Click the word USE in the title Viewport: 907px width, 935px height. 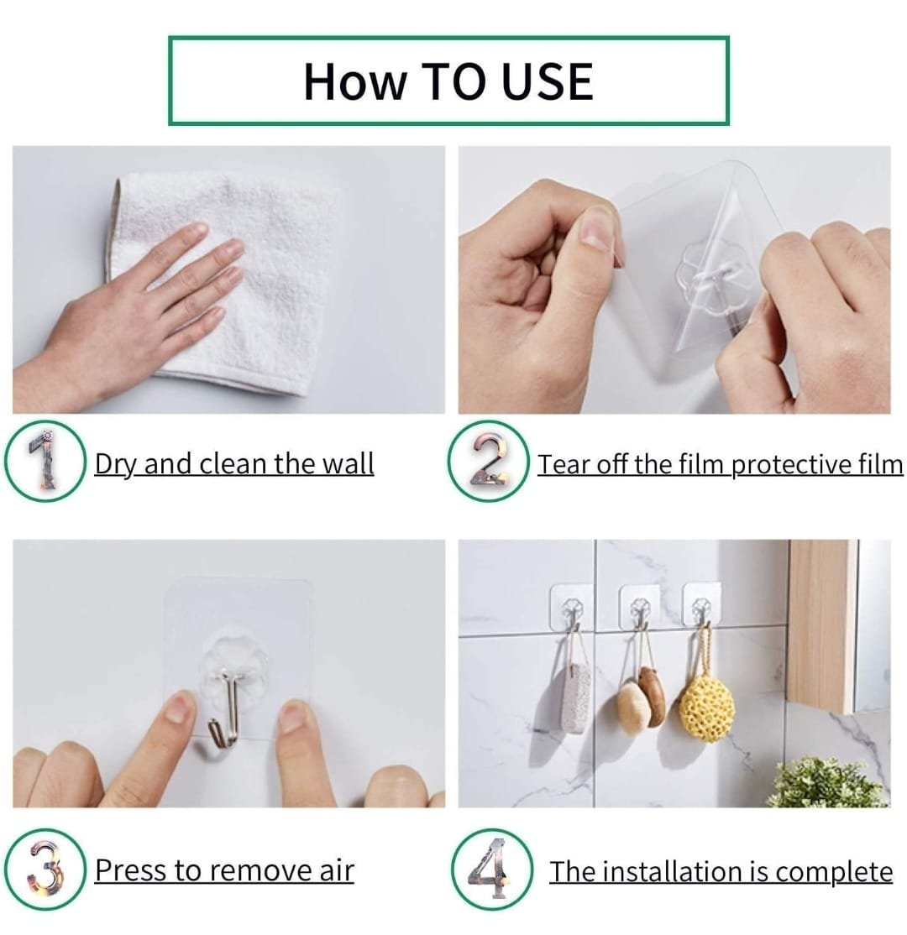(x=548, y=81)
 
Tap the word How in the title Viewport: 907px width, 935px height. (x=353, y=81)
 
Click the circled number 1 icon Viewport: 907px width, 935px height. (x=45, y=462)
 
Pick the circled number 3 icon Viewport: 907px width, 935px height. (x=45, y=870)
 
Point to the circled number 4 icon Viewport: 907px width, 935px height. (x=491, y=870)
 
